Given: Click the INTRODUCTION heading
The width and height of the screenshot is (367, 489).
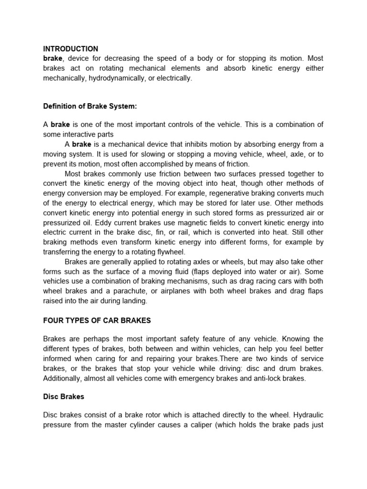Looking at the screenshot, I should pos(71,49).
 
